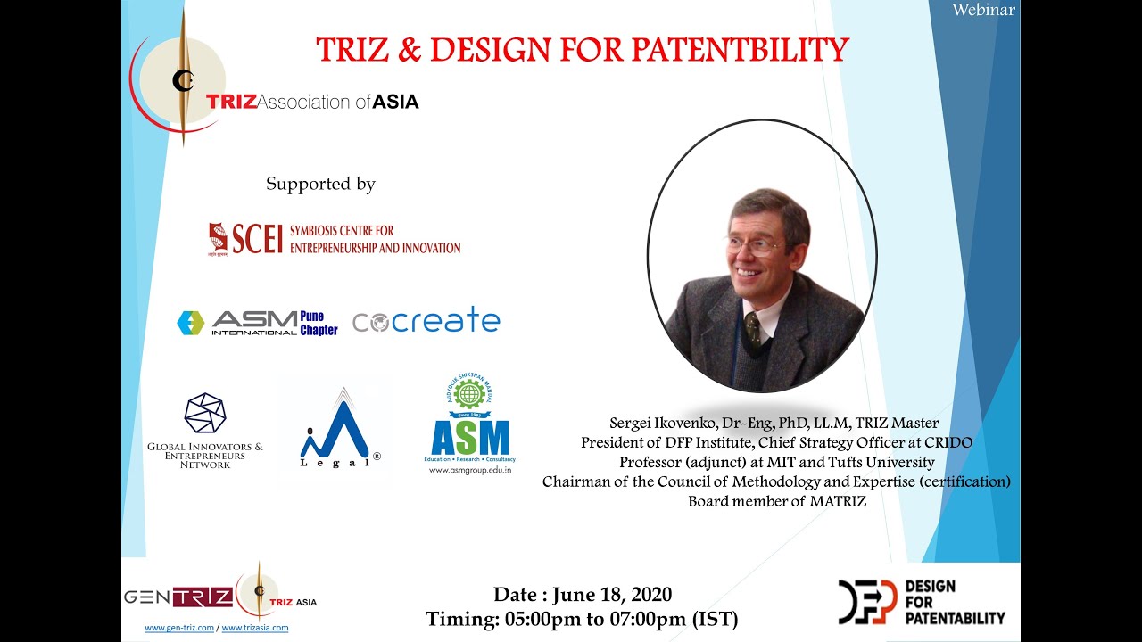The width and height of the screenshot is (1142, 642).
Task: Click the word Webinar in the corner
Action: point(983,10)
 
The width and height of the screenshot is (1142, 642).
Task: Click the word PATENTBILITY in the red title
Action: point(740,50)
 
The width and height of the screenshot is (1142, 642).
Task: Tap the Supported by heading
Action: point(320,185)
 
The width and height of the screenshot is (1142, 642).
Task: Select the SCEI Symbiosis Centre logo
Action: point(335,239)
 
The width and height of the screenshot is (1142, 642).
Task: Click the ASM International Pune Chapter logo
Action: point(257,323)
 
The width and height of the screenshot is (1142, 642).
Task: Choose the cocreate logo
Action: point(426,321)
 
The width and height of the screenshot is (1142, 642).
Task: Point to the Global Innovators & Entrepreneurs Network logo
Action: point(205,430)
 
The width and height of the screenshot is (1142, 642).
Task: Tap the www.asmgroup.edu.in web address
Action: point(470,469)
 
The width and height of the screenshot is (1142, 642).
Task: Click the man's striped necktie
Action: point(752,329)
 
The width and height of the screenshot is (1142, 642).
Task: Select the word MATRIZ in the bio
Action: point(838,501)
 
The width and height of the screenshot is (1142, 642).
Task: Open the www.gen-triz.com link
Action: point(179,628)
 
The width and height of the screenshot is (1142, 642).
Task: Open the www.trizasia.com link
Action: point(255,628)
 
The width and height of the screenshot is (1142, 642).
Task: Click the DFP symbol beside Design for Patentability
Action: point(867,601)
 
